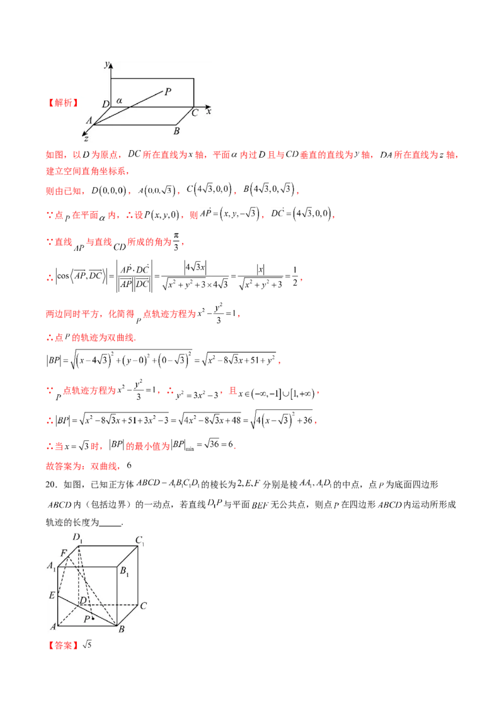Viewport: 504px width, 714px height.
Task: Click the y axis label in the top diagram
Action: (x=108, y=64)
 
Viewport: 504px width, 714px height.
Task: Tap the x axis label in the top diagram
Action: (x=209, y=110)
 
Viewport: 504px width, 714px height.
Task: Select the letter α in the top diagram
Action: (x=118, y=100)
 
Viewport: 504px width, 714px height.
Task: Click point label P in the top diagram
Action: (x=168, y=92)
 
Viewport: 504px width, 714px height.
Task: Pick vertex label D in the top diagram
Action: (x=105, y=103)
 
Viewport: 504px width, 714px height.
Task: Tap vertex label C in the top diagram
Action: (x=195, y=112)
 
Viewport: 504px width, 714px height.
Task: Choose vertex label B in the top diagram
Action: (x=176, y=131)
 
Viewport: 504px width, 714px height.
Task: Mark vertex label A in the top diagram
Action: (x=89, y=120)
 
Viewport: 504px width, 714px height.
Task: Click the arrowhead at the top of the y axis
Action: (x=111, y=65)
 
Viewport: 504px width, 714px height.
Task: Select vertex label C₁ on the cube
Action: (x=140, y=540)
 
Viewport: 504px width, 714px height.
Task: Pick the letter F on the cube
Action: (x=64, y=553)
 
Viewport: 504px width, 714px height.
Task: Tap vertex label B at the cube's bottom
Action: (x=122, y=629)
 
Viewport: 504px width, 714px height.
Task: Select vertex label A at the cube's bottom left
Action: (x=53, y=626)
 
